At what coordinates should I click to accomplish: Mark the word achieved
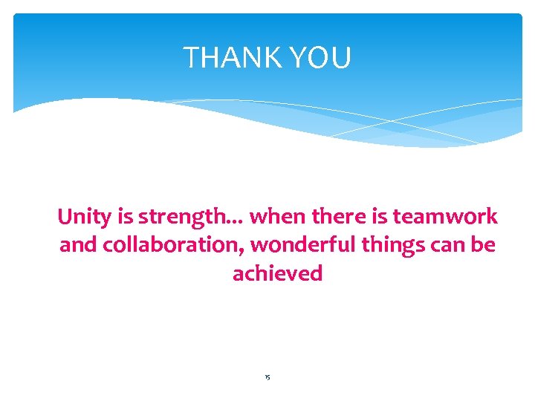pos(277,273)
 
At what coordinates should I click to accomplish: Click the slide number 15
pos(267,378)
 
